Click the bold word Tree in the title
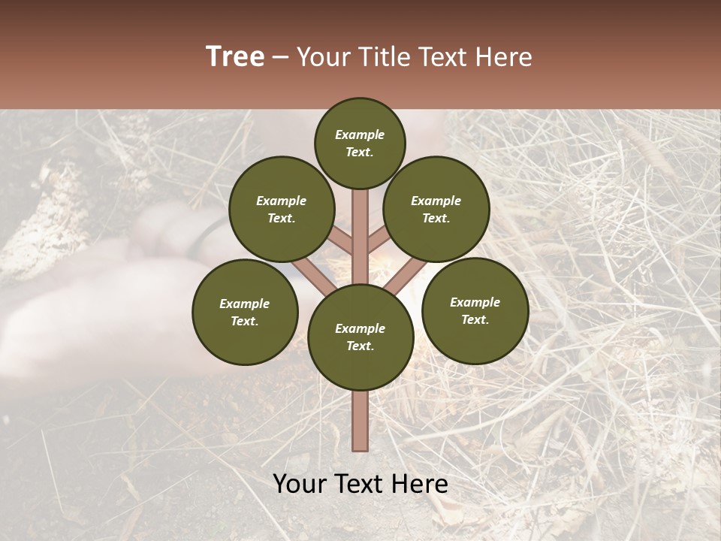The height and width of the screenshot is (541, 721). pyautogui.click(x=235, y=57)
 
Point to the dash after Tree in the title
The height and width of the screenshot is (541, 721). pyautogui.click(x=281, y=58)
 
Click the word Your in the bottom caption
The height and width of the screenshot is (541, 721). pyautogui.click(x=300, y=484)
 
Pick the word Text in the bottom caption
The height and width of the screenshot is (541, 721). pyautogui.click(x=361, y=484)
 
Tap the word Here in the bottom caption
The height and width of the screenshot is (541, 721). pyautogui.click(x=420, y=484)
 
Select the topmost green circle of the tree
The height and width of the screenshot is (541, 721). pyautogui.click(x=360, y=143)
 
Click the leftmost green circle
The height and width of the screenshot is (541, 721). pyautogui.click(x=245, y=312)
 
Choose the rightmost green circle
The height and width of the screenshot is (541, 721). pyautogui.click(x=475, y=310)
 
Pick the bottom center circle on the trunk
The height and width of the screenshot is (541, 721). pyautogui.click(x=360, y=337)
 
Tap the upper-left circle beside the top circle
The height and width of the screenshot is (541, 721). pyautogui.click(x=282, y=209)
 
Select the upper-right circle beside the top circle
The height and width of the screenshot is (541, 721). pyautogui.click(x=436, y=209)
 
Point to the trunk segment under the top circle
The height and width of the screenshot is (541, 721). pyautogui.click(x=360, y=225)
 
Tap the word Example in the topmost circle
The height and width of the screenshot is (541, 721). pyautogui.click(x=360, y=135)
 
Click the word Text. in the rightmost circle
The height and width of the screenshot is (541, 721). pyautogui.click(x=475, y=319)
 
